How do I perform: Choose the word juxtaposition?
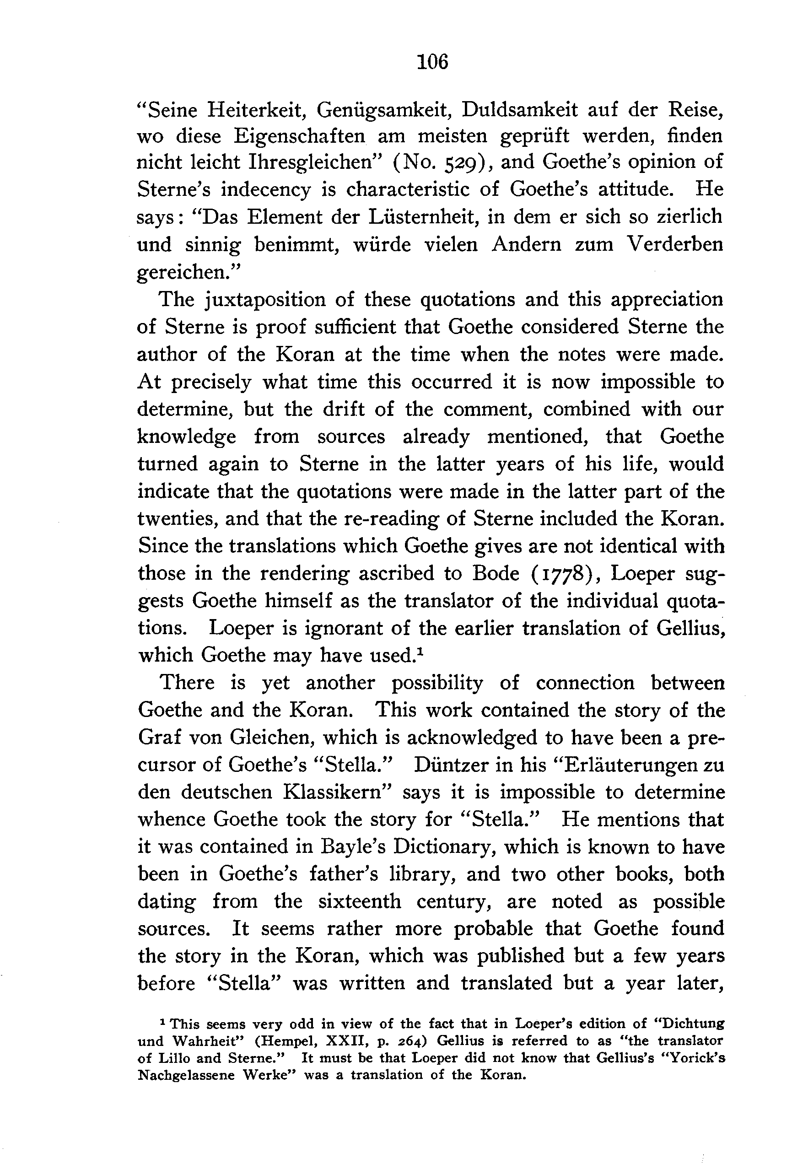[x=267, y=300]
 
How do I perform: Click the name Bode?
[x=495, y=573]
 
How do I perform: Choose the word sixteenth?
[x=359, y=901]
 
